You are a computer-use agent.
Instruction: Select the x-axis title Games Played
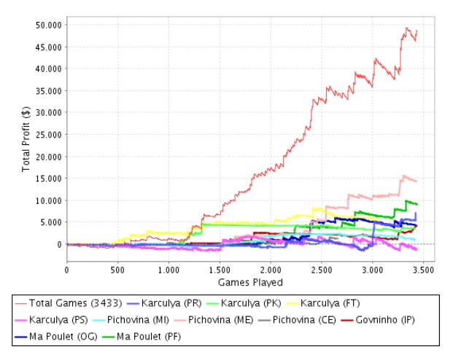click(x=250, y=282)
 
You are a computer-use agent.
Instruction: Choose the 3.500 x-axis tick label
click(x=423, y=269)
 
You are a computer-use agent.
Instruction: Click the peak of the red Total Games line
click(x=407, y=28)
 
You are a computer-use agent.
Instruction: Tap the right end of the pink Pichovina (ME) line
click(x=416, y=181)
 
